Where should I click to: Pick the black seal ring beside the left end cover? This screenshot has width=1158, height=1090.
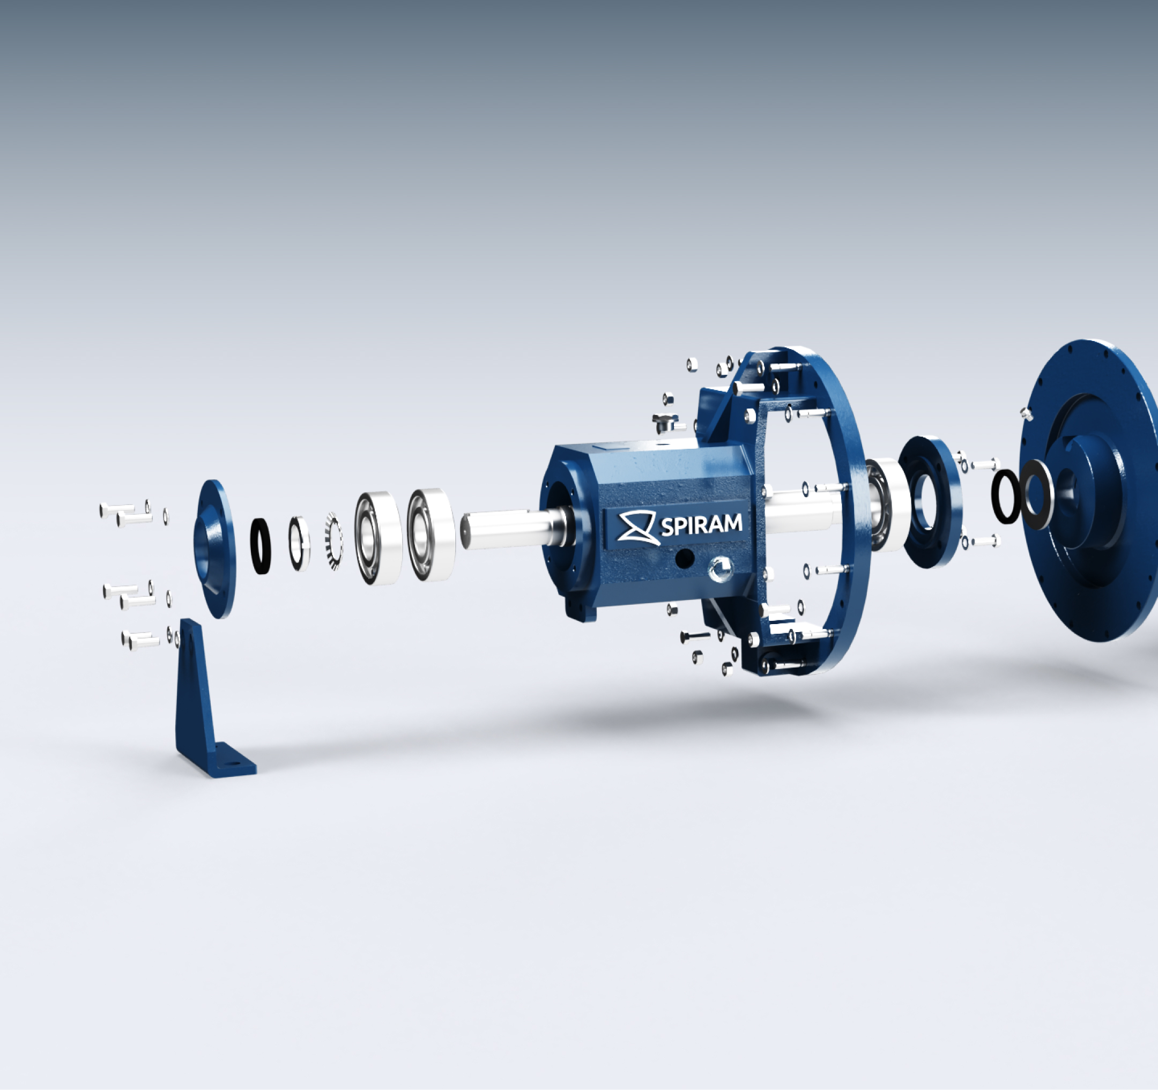click(x=261, y=546)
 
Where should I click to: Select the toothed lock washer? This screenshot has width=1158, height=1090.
click(x=333, y=541)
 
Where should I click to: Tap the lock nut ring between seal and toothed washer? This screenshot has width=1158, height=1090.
click(x=299, y=544)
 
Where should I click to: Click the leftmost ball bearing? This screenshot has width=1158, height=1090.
click(x=377, y=538)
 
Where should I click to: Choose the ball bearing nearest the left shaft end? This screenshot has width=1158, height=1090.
click(x=431, y=534)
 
